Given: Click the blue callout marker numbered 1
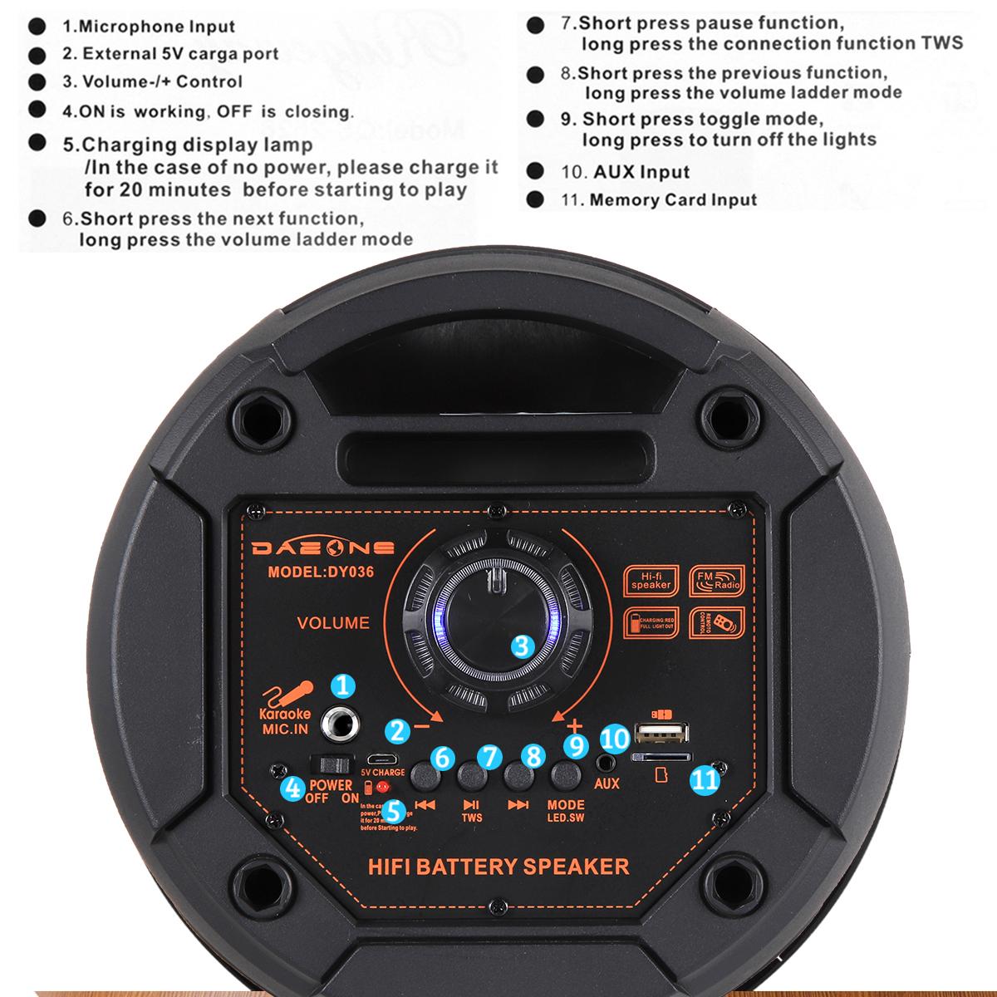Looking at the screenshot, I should coord(342,686).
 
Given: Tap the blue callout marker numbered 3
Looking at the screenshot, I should coord(521,646).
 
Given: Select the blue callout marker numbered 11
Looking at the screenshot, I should coord(705,779).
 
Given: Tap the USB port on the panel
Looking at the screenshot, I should coord(661,733).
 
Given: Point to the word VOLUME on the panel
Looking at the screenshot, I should coord(333,622).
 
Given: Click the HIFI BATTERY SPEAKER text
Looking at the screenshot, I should coord(498,867).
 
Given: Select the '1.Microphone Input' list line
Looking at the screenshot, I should coord(149,27).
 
